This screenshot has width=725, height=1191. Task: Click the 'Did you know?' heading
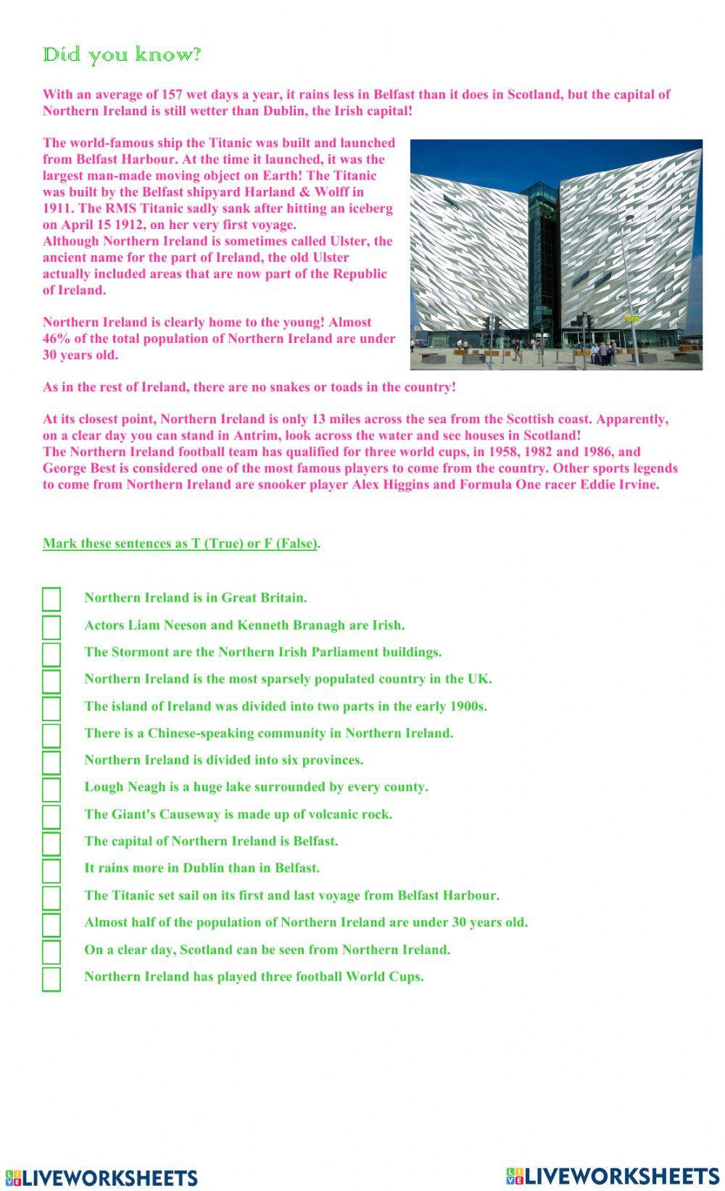click(x=122, y=55)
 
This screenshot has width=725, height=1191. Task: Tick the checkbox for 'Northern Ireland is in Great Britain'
click(x=51, y=599)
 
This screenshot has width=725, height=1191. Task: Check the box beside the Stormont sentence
click(x=51, y=654)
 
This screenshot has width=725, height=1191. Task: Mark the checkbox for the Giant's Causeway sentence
click(x=51, y=816)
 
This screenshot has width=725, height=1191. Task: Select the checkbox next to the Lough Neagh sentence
click(x=51, y=789)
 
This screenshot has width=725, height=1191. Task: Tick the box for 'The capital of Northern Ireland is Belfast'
click(x=51, y=843)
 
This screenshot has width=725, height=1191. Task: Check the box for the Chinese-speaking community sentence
click(x=51, y=735)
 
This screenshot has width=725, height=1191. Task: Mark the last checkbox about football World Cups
click(x=51, y=979)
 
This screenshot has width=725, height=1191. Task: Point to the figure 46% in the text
click(x=56, y=339)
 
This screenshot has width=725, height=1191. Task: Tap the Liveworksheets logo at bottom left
click(x=101, y=1177)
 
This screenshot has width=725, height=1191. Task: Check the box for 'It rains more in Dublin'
click(x=51, y=870)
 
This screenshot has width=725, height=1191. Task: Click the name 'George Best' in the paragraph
click(x=78, y=468)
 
